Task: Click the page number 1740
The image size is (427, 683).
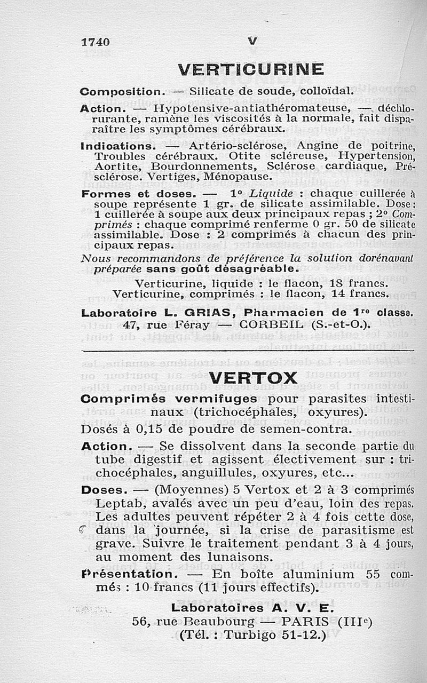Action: pyautogui.click(x=95, y=42)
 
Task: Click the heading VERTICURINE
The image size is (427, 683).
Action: pyautogui.click(x=250, y=69)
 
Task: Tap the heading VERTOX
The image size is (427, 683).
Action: pyautogui.click(x=252, y=378)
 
